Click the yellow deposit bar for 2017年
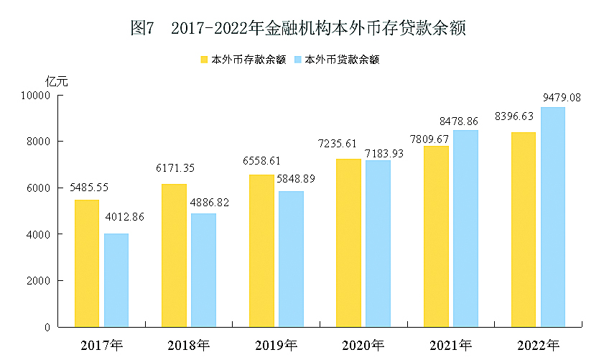click(x=87, y=263)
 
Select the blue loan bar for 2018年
click(x=203, y=270)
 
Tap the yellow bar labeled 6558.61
click(x=261, y=251)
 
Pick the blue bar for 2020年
click(x=378, y=244)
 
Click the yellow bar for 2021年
click(x=437, y=236)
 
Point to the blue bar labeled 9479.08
click(x=553, y=217)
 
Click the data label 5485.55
click(x=89, y=187)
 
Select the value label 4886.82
click(x=210, y=203)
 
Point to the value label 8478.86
click(x=470, y=121)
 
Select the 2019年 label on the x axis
click(x=276, y=346)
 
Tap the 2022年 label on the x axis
click(x=538, y=346)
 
